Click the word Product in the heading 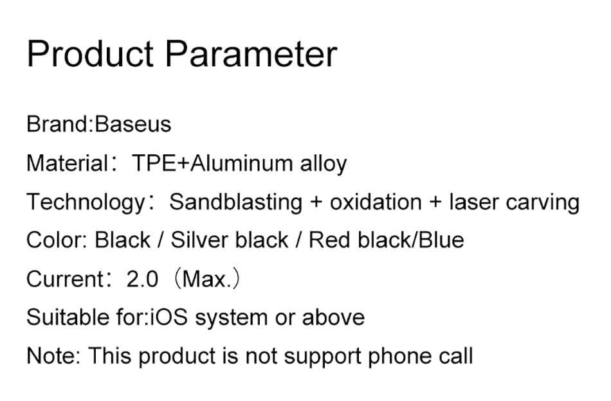[90, 53]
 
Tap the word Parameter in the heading [251, 53]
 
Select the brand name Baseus [133, 124]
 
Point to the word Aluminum [241, 163]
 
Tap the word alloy [324, 164]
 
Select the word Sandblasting [236, 202]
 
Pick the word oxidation [376, 202]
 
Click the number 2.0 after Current [142, 279]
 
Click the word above [333, 317]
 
